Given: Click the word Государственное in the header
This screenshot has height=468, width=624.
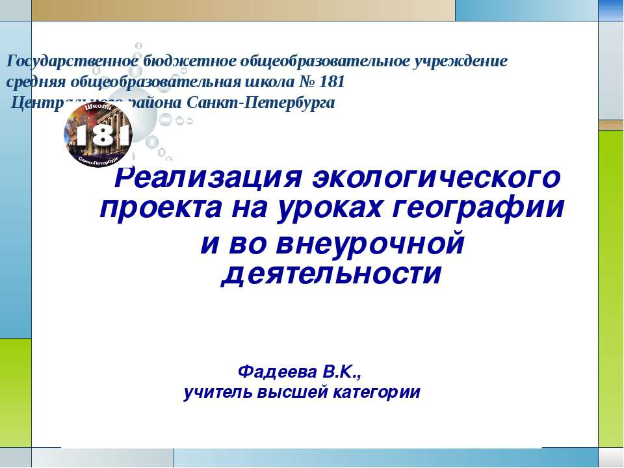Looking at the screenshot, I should [72, 62].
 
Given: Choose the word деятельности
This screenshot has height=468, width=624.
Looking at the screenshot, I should [331, 274].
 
